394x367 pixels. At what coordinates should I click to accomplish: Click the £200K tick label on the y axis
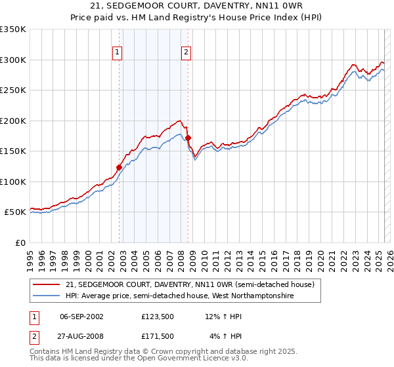(x=12, y=121)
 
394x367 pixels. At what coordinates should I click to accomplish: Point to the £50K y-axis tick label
(x=15, y=212)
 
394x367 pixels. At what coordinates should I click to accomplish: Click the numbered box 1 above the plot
(x=117, y=53)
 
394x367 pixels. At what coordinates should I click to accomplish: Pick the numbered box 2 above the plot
(x=186, y=53)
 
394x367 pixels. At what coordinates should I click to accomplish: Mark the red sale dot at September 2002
(x=120, y=167)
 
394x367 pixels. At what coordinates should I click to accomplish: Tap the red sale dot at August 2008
(x=188, y=138)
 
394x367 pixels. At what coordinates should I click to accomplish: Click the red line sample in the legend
(x=47, y=284)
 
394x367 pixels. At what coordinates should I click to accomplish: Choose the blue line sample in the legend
(x=47, y=296)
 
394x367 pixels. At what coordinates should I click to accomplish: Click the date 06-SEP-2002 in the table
(x=81, y=317)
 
